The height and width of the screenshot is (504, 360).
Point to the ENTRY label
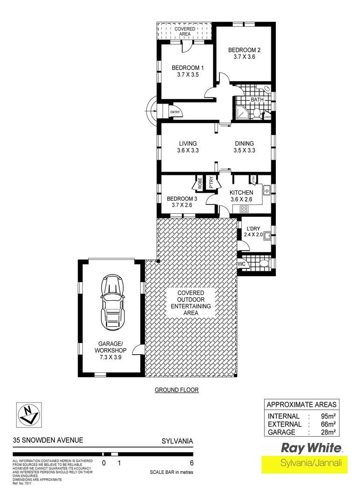click(x=175, y=112)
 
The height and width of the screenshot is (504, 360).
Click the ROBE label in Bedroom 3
click(x=199, y=183)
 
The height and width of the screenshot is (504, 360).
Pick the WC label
click(x=242, y=264)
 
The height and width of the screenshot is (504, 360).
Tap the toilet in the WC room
click(x=264, y=264)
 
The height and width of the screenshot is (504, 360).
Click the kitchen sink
click(x=267, y=189)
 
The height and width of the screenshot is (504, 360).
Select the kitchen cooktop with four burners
click(x=244, y=208)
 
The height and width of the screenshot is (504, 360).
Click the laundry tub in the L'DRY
click(x=267, y=235)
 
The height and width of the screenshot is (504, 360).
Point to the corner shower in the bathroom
click(x=242, y=112)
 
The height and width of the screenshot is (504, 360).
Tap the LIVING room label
click(x=187, y=144)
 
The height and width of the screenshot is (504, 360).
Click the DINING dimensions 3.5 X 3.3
click(x=244, y=150)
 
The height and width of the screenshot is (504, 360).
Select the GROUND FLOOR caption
click(x=177, y=390)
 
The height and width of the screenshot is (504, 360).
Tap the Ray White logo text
click(x=310, y=448)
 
